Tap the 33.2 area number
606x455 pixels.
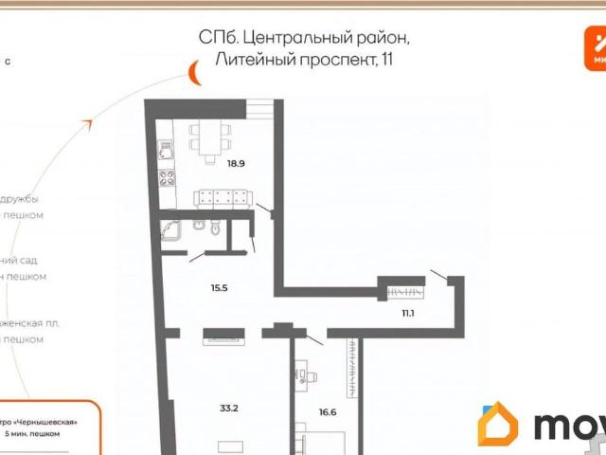(x=228, y=409)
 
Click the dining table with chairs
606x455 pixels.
(x=209, y=136)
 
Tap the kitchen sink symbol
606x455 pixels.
(x=166, y=150)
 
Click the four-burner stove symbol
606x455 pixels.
(x=167, y=178)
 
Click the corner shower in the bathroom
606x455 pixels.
(x=171, y=230)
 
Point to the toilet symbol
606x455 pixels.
(x=217, y=227)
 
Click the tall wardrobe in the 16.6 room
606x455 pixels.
(x=352, y=379)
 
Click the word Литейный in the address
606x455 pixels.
(x=247, y=61)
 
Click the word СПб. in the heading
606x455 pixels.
(x=214, y=37)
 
